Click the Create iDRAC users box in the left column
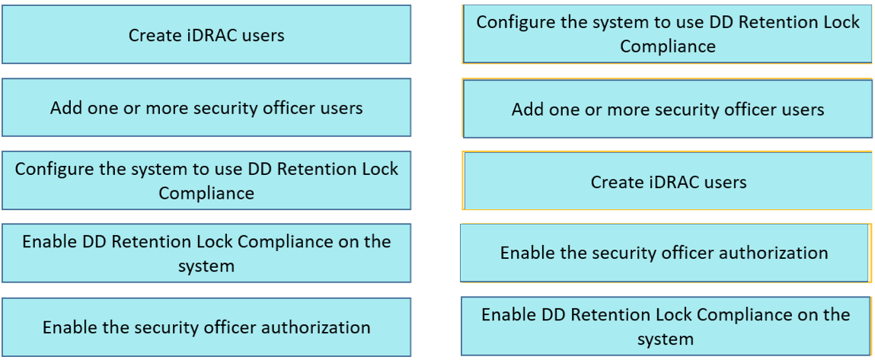click(206, 34)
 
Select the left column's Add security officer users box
click(206, 107)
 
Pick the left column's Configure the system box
click(206, 180)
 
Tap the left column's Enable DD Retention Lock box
click(206, 253)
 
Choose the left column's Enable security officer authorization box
click(206, 327)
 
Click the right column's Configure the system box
click(667, 33)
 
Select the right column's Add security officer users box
click(667, 109)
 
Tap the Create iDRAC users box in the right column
click(667, 181)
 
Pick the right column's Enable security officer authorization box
click(665, 253)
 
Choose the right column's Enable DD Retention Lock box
click(666, 326)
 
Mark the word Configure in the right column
click(510, 24)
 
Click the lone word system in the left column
click(206, 266)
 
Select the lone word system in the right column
click(666, 339)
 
